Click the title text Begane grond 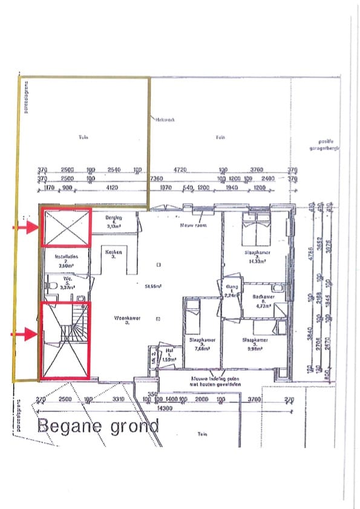[x=98, y=426]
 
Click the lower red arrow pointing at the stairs [x=25, y=332]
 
